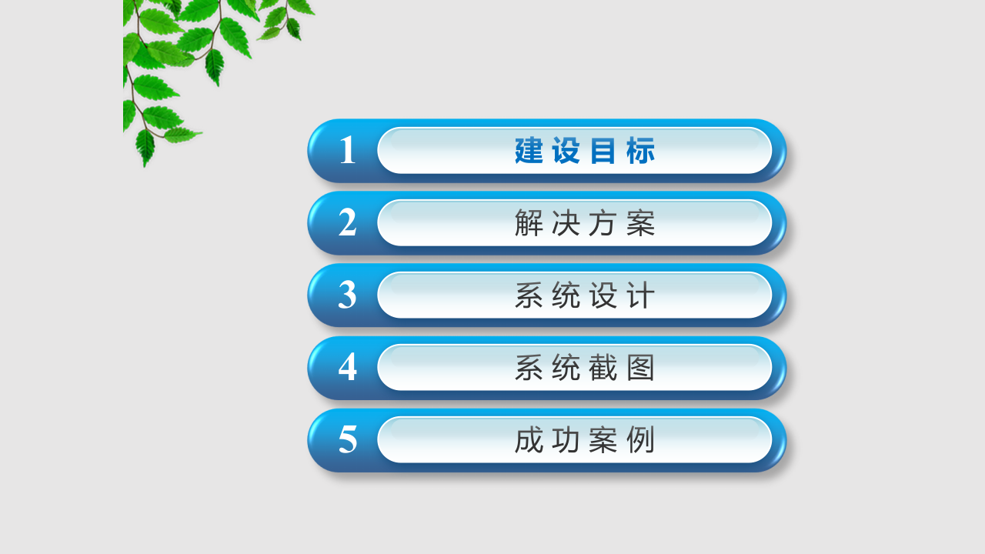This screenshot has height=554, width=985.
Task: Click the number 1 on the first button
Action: tap(348, 151)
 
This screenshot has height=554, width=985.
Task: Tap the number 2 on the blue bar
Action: tap(348, 223)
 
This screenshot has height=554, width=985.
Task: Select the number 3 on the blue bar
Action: tap(348, 295)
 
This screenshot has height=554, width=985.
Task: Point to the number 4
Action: tap(348, 368)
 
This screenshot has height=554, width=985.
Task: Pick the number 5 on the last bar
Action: tap(348, 440)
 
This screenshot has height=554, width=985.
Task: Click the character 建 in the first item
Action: tap(529, 151)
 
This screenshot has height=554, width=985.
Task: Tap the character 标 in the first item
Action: tap(641, 151)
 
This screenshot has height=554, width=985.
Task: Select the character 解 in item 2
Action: tap(529, 223)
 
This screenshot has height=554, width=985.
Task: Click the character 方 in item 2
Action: tap(603, 223)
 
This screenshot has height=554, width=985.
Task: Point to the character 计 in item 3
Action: tap(641, 295)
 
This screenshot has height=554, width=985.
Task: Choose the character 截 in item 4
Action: tap(603, 368)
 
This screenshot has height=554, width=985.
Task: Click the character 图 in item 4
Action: tap(641, 368)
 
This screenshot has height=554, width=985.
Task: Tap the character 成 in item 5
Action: tap(529, 440)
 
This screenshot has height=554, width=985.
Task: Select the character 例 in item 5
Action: tap(641, 440)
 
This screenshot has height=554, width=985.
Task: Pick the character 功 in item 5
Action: tap(566, 440)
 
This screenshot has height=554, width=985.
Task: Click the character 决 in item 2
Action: tap(566, 223)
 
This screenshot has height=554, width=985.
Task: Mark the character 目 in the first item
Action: tap(603, 151)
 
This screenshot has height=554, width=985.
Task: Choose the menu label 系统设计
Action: tap(585, 295)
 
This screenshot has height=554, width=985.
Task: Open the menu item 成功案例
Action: tap(585, 440)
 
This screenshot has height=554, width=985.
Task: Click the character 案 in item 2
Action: tap(641, 223)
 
